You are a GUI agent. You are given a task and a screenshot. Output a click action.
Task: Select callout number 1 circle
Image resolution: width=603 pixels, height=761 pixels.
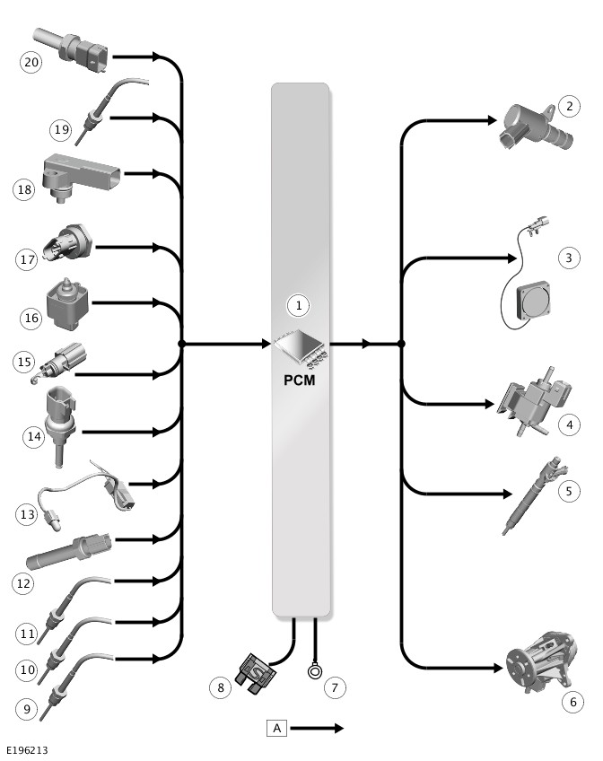tap(299, 305)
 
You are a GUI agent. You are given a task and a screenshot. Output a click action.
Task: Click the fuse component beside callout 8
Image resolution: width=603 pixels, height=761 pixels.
tap(255, 670)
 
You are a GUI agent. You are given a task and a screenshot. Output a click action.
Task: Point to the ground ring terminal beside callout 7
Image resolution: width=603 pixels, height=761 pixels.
tap(315, 669)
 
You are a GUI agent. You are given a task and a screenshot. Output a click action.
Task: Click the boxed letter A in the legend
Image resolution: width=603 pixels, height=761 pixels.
tap(276, 728)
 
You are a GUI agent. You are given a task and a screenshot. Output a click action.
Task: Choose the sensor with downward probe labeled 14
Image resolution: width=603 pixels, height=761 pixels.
tap(60, 422)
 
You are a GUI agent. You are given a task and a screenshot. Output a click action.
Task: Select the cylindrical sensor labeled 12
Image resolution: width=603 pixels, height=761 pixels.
tap(68, 549)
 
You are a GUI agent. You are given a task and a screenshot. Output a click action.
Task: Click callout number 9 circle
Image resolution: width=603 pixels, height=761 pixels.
tap(27, 709)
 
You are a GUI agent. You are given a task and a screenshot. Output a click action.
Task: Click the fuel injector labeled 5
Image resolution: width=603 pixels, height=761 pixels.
tap(536, 492)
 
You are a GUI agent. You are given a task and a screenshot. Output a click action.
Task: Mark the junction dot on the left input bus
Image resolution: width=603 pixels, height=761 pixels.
tap(181, 344)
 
